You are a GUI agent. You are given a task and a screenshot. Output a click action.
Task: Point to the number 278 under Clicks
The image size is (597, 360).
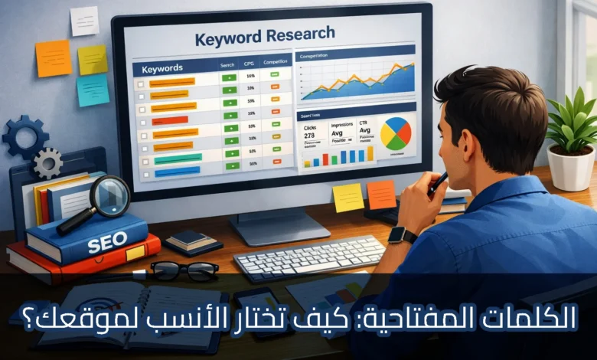pos(310,134)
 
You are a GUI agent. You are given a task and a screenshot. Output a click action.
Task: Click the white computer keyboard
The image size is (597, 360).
pos(309,257)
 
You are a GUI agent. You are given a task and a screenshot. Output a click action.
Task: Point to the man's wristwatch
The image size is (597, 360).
pos(403,235)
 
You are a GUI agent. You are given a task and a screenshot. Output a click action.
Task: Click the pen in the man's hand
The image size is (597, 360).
pos(438,182)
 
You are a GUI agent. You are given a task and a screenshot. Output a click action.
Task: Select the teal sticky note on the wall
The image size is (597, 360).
pos(93,90)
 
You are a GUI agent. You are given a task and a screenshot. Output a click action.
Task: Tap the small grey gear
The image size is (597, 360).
pos(47,162)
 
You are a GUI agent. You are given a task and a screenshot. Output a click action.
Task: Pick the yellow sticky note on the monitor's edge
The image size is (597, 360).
pos(348,198)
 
